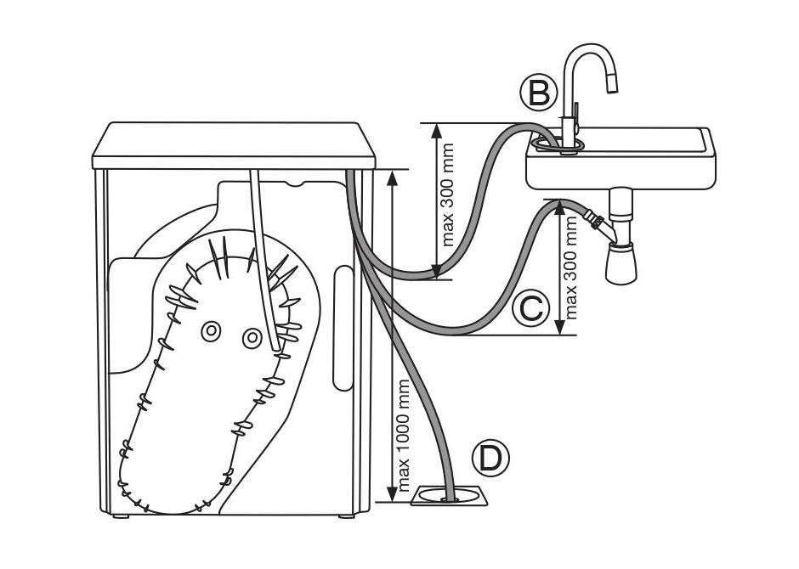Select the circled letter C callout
[x=531, y=308]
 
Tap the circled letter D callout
[x=490, y=459]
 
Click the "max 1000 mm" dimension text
[x=404, y=435]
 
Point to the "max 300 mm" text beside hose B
[x=447, y=195]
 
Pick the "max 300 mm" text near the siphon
[x=571, y=268]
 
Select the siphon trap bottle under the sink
[x=621, y=263]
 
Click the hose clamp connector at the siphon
[x=594, y=219]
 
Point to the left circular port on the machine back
[x=210, y=331]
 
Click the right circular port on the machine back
[x=252, y=338]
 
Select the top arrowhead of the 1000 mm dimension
[x=392, y=178]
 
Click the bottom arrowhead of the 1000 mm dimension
[x=392, y=493]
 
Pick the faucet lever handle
[x=575, y=114]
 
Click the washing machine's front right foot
[x=347, y=516]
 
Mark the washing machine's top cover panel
[x=234, y=145]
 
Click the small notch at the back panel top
[x=295, y=183]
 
